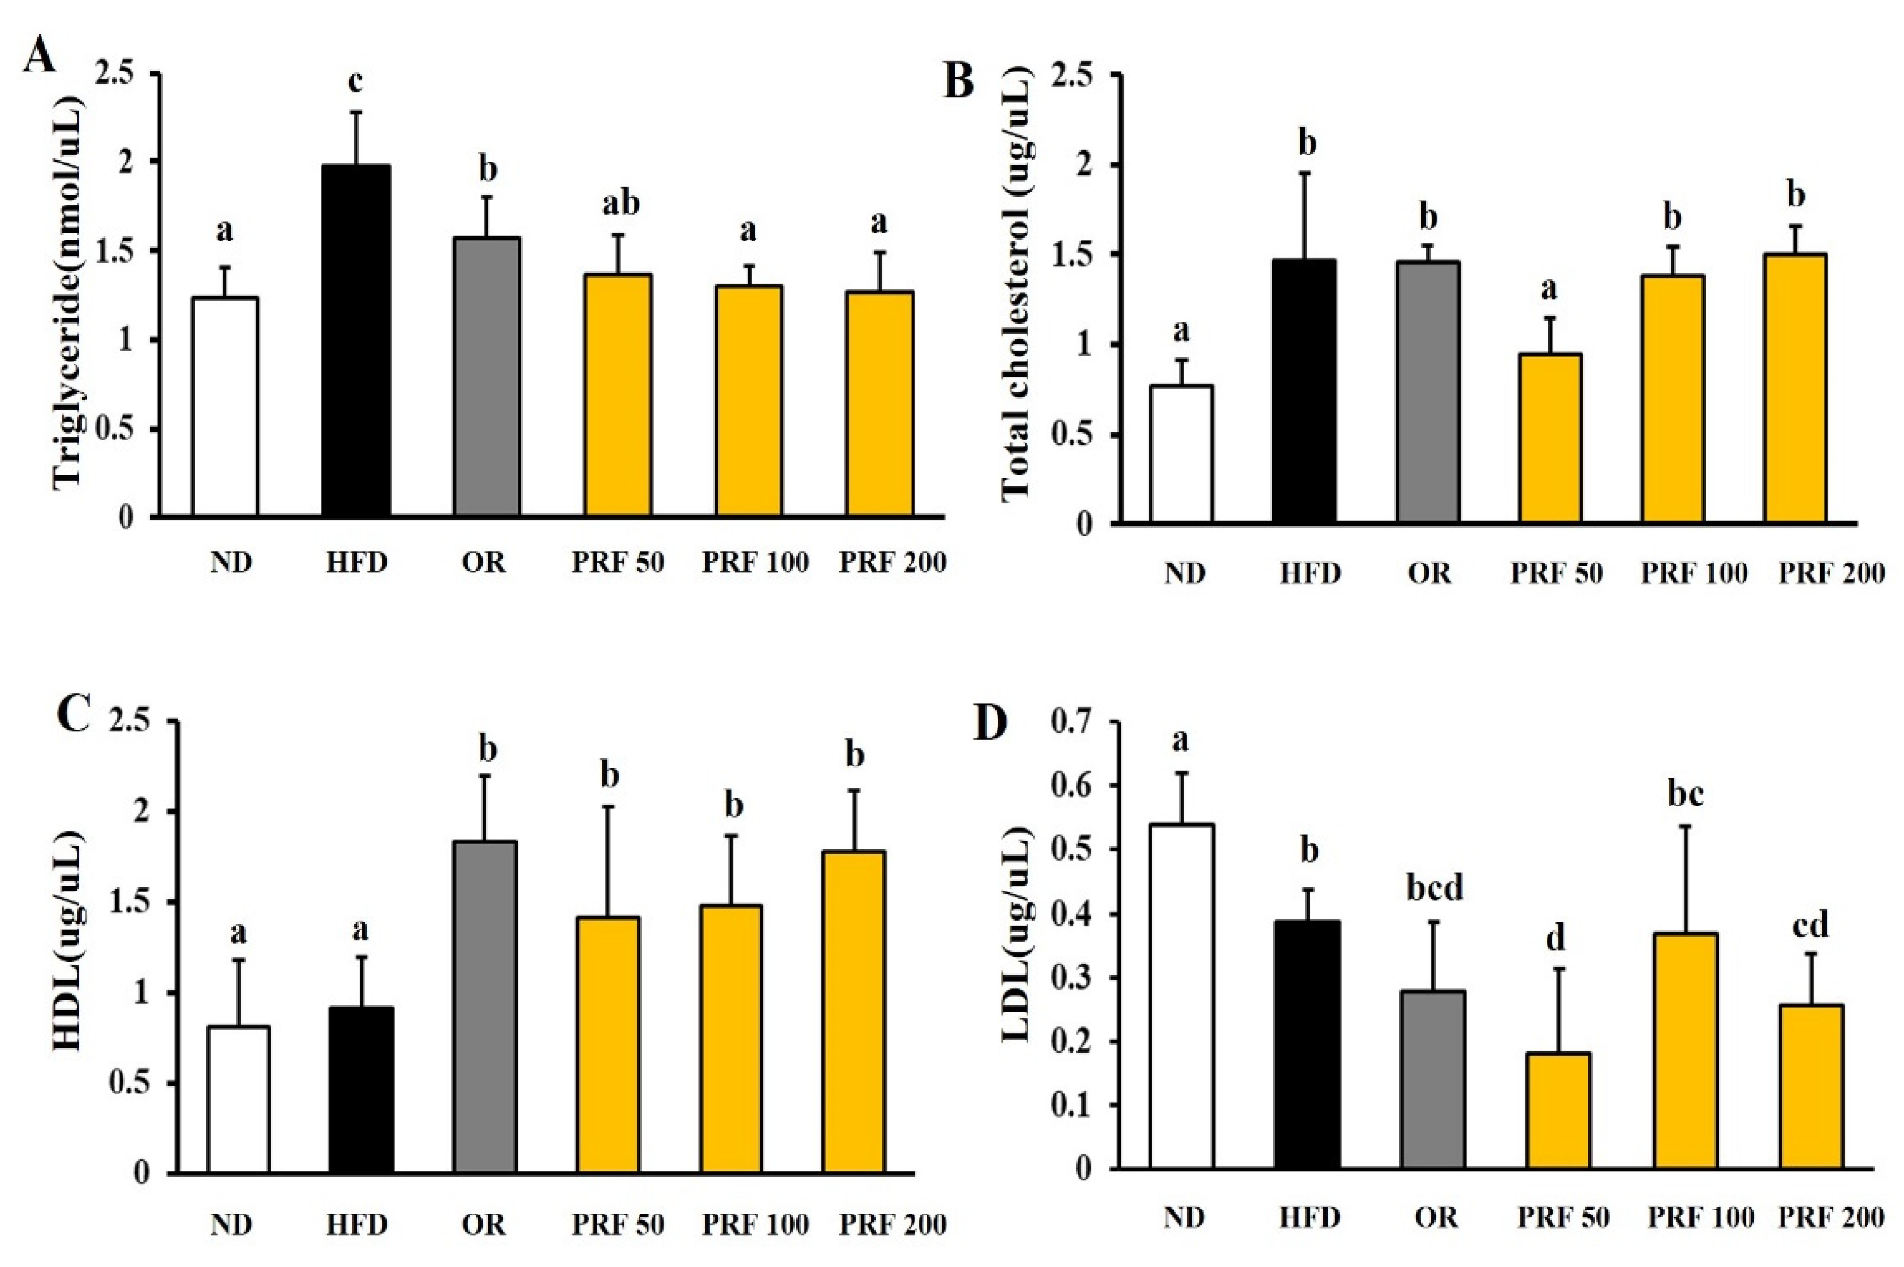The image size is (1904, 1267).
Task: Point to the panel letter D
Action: click(x=990, y=722)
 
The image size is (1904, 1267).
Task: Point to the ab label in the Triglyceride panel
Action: click(x=620, y=203)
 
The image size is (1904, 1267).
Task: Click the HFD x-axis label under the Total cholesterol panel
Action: click(x=1310, y=574)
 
